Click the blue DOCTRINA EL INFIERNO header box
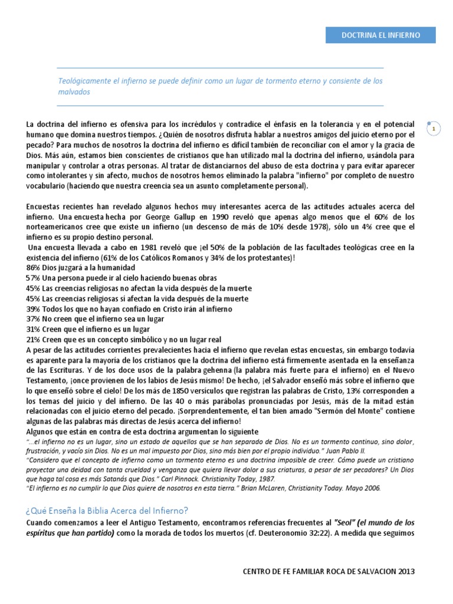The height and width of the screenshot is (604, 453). click(x=380, y=35)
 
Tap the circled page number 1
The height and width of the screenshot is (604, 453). click(x=434, y=128)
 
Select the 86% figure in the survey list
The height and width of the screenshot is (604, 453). click(x=33, y=267)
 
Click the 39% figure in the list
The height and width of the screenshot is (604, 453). click(x=33, y=309)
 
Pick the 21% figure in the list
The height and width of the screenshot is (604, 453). click(x=33, y=340)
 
